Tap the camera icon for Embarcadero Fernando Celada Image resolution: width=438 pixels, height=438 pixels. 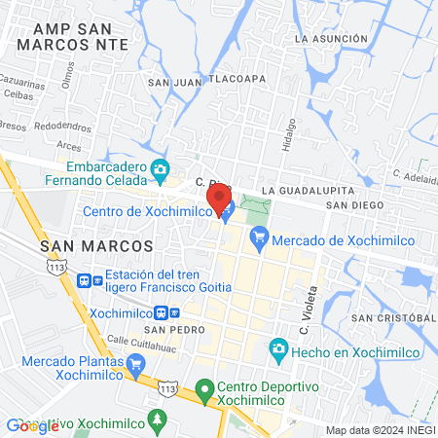click(x=161, y=169)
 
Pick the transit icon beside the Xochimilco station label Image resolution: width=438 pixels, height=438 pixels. click(x=172, y=313)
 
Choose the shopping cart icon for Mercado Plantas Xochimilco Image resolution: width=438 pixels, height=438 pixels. click(x=134, y=365)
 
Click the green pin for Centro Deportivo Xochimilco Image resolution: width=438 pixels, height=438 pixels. click(x=203, y=391)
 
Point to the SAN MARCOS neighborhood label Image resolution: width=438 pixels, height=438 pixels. click(x=96, y=246)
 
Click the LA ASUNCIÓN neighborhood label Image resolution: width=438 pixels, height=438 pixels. click(x=332, y=39)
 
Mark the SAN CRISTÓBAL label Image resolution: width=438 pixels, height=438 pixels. click(x=391, y=318)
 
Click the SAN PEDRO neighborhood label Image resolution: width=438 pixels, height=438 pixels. click(x=176, y=329)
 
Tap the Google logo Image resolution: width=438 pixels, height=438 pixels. click(x=31, y=425)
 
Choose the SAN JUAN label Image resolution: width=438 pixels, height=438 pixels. click(x=172, y=83)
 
